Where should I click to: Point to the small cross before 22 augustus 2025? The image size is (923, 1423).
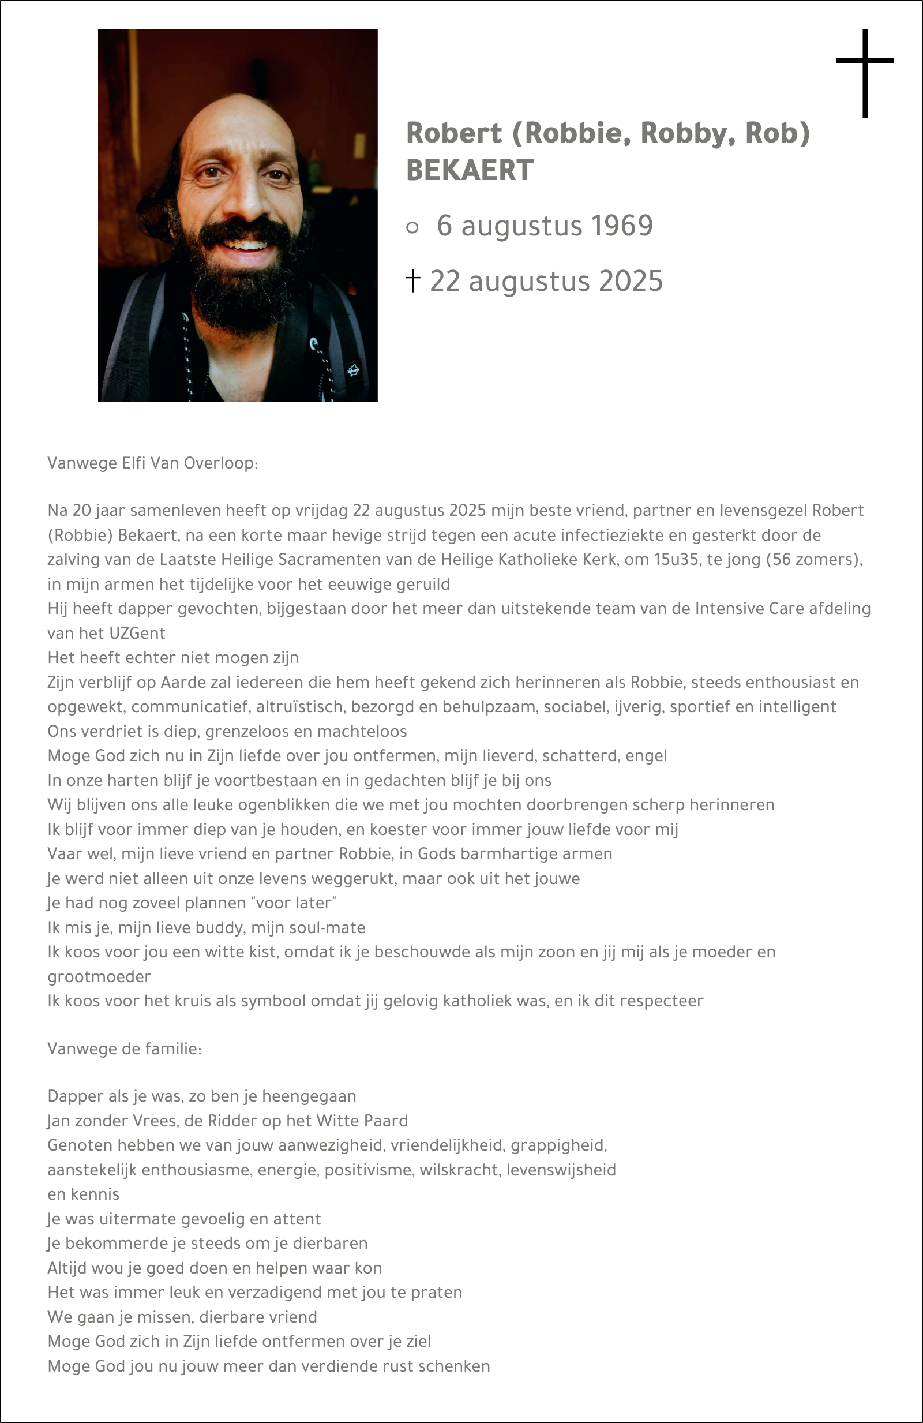coord(412,280)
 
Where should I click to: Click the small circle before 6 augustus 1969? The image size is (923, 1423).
coord(412,227)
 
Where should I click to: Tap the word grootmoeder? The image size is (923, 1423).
coord(99,976)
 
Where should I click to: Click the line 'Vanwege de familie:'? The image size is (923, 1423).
coord(125,1048)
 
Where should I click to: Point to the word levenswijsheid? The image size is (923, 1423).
coord(561,1170)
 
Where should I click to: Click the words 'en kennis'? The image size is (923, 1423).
coord(84,1194)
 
